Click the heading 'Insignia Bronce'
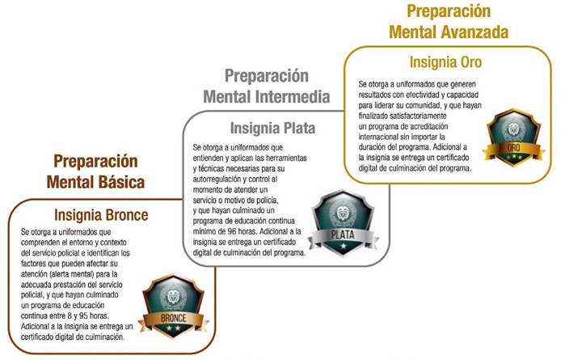[101, 215]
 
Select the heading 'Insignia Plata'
[272, 129]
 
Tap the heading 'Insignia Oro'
[445, 62]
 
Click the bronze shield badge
[174, 306]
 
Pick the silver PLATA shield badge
[343, 223]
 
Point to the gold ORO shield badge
[513, 138]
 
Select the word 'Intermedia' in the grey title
[293, 97]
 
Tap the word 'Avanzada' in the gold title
[474, 32]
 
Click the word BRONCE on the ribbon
[174, 318]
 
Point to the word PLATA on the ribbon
[343, 235]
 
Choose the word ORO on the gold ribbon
[513, 147]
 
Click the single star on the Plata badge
[343, 246]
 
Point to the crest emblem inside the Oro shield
[513, 129]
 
